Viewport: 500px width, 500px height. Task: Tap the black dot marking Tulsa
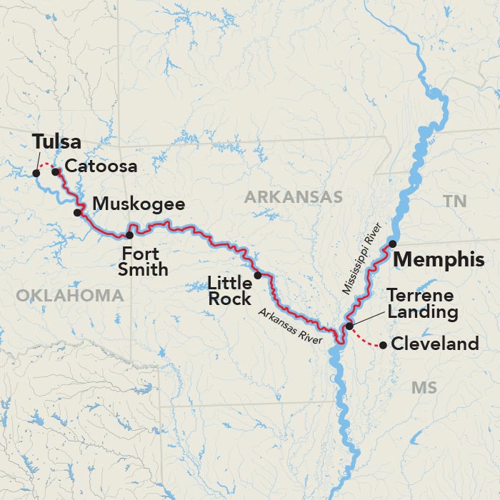pos(36,172)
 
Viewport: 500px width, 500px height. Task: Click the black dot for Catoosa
pos(55,171)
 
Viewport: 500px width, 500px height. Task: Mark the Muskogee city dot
pos(78,213)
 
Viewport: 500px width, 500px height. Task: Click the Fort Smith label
pos(144,261)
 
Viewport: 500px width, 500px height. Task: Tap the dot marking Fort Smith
pos(129,235)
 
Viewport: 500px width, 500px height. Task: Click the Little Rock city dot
pos(258,275)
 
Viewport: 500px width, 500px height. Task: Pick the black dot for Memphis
pos(392,244)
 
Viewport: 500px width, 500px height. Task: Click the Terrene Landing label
pos(421,304)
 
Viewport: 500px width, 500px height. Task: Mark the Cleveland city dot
pos(384,346)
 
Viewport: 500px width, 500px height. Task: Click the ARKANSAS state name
pos(294,197)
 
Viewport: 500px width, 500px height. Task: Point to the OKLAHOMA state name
pos(70,295)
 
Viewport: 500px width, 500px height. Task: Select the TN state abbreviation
pos(454,202)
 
